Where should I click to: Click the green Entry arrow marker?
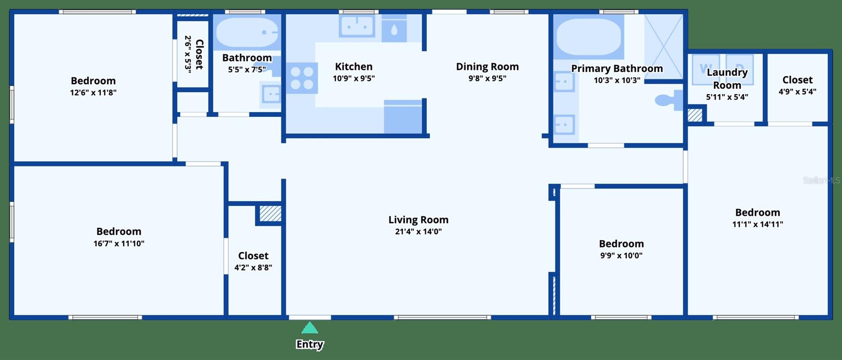pos(310,328)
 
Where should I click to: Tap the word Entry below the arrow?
pos(310,344)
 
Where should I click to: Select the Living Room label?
pos(418,219)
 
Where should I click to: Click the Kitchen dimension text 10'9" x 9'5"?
pos(354,78)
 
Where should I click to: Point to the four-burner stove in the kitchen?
pos(302,78)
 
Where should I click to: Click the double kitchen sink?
pos(357,25)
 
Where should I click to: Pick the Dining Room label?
pos(487,66)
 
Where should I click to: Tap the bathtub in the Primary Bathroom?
pos(589,37)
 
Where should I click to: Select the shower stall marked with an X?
pos(664,47)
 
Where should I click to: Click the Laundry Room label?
pos(727,78)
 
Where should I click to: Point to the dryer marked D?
pos(739,69)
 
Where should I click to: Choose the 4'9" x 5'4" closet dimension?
pos(797,91)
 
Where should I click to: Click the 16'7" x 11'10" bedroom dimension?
pos(119,243)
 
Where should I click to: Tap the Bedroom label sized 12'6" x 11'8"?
pos(93,81)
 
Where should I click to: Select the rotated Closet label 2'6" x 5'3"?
pos(194,54)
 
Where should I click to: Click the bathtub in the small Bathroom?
pos(247,33)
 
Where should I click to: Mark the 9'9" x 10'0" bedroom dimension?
pos(622,255)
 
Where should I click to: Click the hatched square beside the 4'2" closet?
pos(270,214)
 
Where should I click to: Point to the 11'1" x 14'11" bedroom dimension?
pos(757,224)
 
